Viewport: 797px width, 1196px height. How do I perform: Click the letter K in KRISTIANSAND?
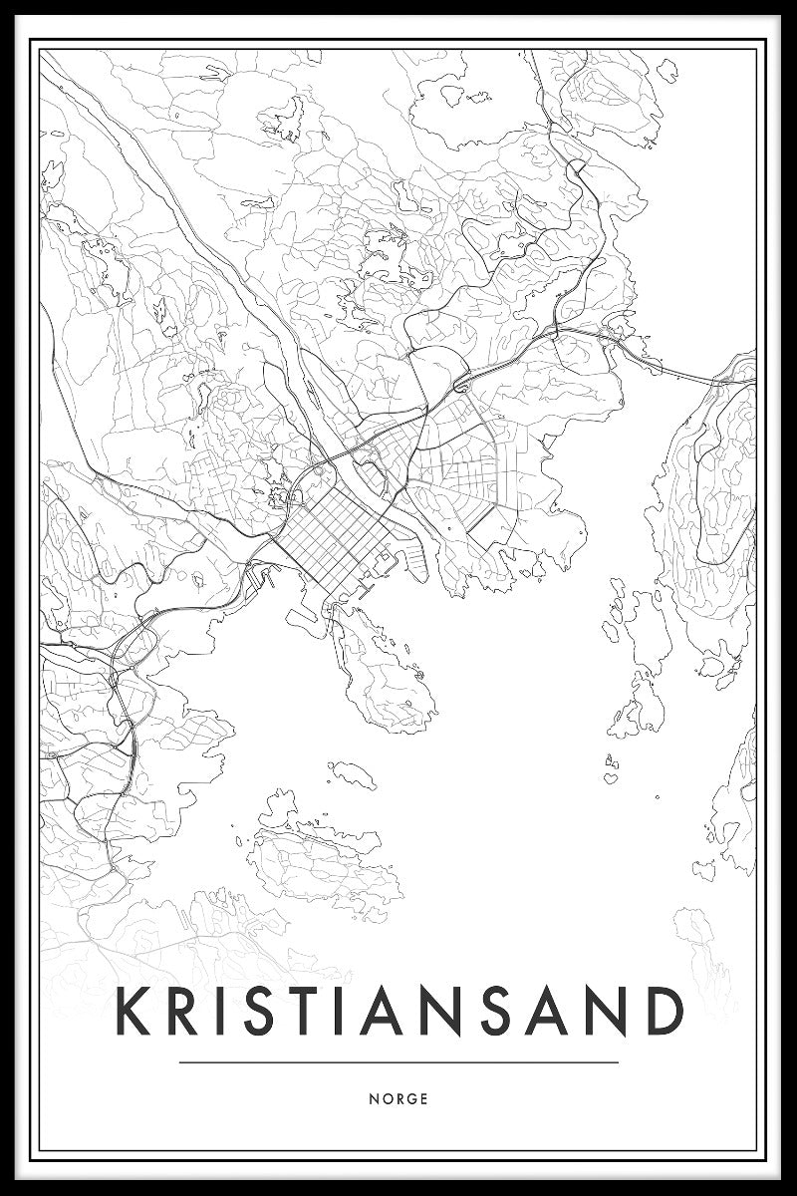pyautogui.click(x=133, y=1012)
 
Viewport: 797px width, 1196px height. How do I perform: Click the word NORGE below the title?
pyautogui.click(x=398, y=1099)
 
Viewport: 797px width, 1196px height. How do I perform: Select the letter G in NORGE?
pyautogui.click(x=410, y=1099)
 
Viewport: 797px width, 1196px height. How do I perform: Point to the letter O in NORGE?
pyautogui.click(x=385, y=1099)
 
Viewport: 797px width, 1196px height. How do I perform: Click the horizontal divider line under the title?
pyautogui.click(x=398, y=1062)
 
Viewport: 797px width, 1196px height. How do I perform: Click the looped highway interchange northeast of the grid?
pyautogui.click(x=462, y=383)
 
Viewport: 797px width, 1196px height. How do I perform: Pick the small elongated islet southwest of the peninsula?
pyautogui.click(x=351, y=771)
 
